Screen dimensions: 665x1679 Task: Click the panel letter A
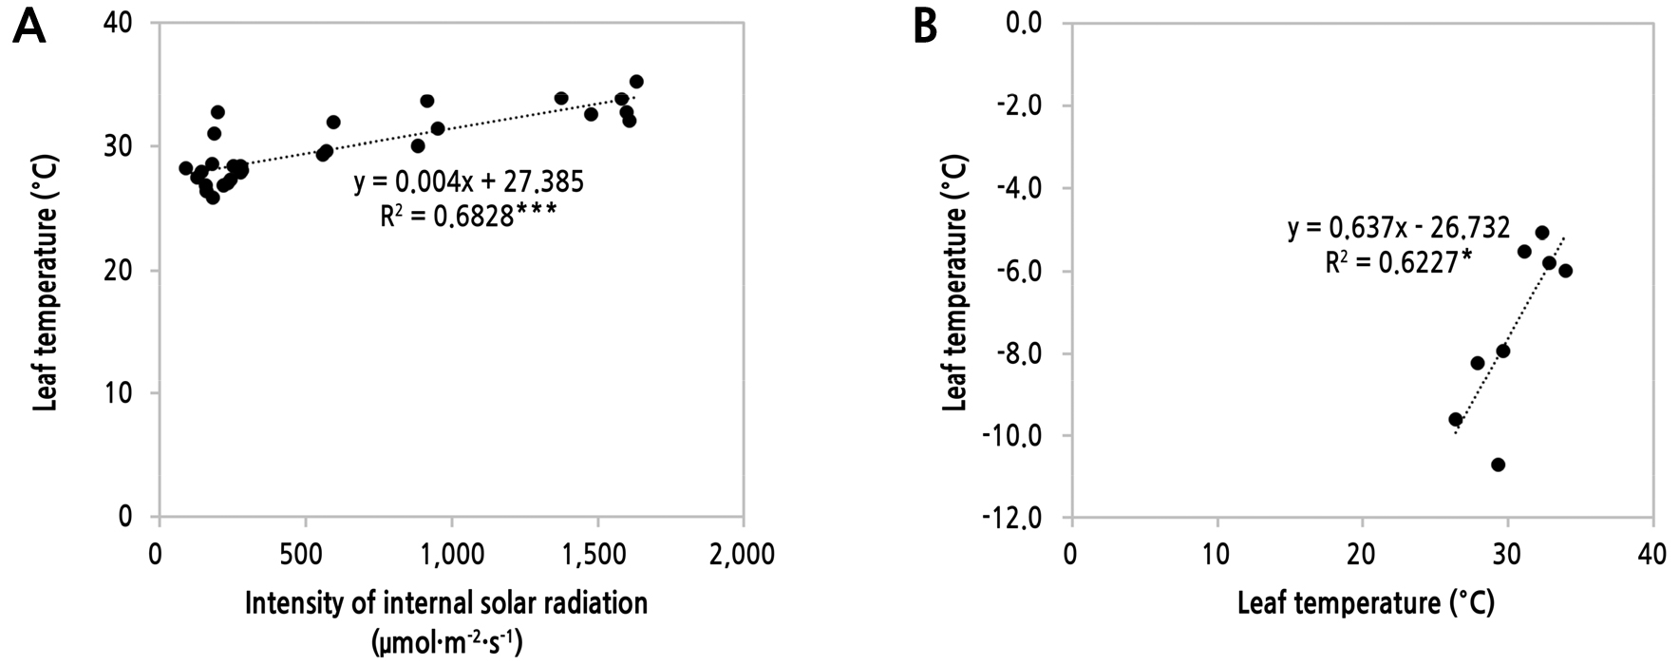29,28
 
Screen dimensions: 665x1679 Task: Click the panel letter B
925,28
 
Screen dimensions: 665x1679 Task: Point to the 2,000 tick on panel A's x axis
743,554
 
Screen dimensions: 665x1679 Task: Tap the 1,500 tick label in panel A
596,554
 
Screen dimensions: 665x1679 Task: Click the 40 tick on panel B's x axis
1652,554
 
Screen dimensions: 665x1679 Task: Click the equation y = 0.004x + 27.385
469,182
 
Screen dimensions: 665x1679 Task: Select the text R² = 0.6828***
467,217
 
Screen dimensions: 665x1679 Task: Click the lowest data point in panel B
1498,465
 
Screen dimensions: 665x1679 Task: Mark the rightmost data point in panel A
636,82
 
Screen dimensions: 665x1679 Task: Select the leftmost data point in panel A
186,168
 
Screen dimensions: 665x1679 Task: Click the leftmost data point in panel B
1455,419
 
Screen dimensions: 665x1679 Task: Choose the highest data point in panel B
1541,233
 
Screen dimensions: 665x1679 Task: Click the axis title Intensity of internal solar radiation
446,604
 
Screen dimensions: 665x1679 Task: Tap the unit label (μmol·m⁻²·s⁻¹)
446,643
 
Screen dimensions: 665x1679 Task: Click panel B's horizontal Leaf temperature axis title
1366,604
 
